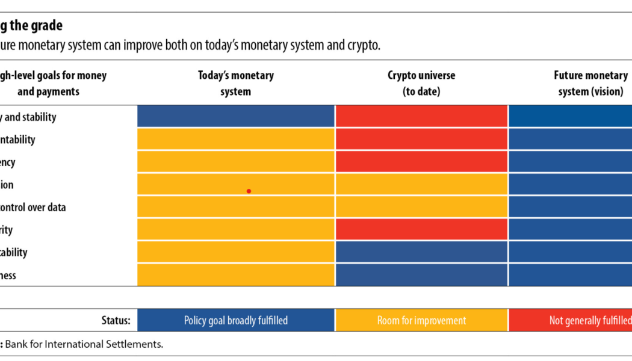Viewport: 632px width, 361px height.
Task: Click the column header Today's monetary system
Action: [x=236, y=84]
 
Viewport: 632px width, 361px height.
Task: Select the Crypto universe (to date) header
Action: [x=421, y=84]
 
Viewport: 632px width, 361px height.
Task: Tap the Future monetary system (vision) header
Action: [x=590, y=84]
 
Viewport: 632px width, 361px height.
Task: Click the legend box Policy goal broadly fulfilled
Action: [x=236, y=320]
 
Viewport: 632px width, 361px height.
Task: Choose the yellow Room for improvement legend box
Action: [x=421, y=320]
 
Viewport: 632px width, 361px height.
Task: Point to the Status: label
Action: [x=115, y=320]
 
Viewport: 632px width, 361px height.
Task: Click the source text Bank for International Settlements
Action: [x=84, y=345]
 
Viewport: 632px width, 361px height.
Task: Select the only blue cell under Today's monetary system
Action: [x=236, y=117]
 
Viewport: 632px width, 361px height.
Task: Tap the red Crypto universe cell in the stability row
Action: [x=421, y=117]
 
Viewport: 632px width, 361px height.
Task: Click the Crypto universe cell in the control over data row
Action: [x=421, y=207]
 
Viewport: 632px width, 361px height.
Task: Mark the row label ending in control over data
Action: [x=33, y=207]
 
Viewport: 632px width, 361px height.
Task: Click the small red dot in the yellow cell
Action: [x=249, y=191]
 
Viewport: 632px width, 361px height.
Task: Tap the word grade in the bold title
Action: [x=48, y=26]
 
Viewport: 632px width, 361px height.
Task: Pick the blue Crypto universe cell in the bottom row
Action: [x=421, y=276]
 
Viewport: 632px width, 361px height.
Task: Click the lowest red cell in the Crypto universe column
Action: [x=421, y=230]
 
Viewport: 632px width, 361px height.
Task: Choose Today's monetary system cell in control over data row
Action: [x=236, y=207]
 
